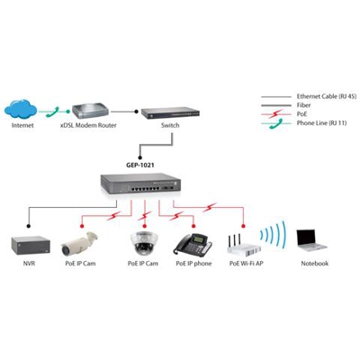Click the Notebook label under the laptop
pos(314,264)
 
